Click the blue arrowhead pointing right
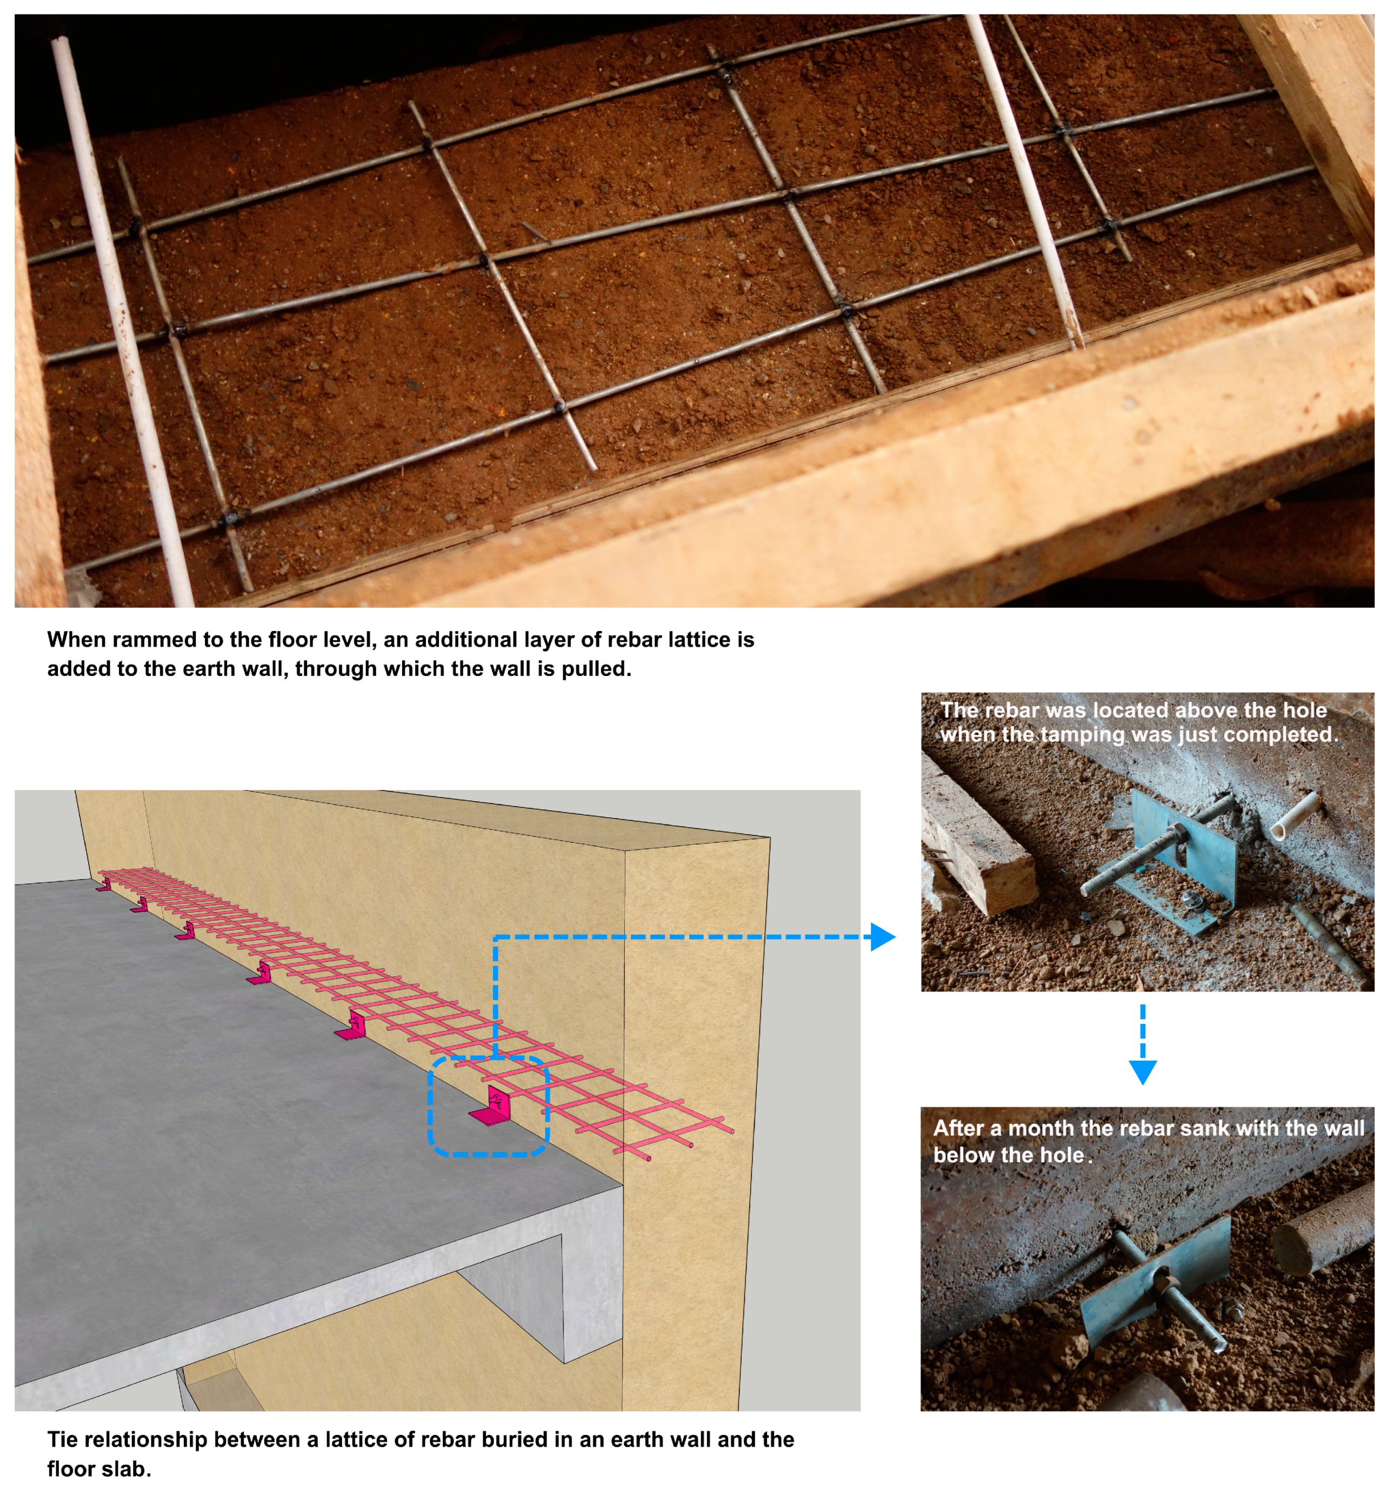(x=883, y=937)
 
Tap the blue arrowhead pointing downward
(x=1142, y=1071)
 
